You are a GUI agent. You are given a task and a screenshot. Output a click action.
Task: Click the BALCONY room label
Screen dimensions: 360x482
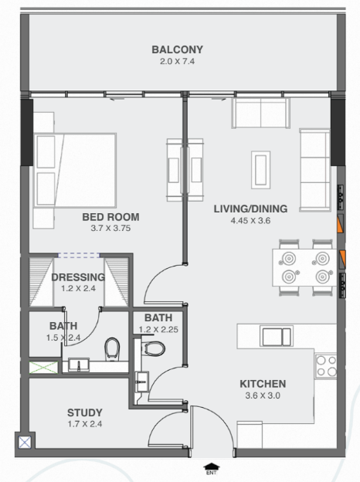[x=178, y=49]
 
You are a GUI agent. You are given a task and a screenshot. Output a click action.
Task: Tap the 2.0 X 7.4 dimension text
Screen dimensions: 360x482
[x=178, y=62]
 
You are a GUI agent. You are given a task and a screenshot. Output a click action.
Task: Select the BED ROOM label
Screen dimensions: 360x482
[x=110, y=217]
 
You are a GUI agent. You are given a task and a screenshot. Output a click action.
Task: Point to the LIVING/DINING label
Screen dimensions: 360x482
[x=250, y=209]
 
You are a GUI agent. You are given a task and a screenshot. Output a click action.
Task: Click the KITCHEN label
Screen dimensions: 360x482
[x=263, y=384]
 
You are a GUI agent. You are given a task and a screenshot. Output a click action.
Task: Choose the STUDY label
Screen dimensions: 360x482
[x=85, y=412]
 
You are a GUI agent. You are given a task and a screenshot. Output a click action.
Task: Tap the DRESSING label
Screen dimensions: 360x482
[x=78, y=277]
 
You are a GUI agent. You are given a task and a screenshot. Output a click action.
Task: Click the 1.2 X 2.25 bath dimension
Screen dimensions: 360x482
[x=158, y=330]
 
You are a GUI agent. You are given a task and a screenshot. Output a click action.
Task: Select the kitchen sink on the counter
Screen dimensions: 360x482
[x=277, y=336]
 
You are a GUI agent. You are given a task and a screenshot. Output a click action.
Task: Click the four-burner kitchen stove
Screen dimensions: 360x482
[x=326, y=366]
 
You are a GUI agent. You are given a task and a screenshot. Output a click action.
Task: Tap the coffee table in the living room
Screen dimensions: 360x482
[x=260, y=170]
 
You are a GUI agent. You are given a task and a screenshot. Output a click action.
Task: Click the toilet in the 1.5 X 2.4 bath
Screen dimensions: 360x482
[x=111, y=349]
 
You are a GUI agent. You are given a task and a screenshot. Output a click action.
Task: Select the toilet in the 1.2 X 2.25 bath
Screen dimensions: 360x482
[x=154, y=348]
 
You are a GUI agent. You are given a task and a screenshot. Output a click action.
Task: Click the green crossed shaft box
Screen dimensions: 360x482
[x=44, y=368]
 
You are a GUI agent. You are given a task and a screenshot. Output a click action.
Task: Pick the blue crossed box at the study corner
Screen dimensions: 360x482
[x=25, y=443]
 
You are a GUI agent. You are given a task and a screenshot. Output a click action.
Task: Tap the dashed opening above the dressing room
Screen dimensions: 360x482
[x=79, y=255]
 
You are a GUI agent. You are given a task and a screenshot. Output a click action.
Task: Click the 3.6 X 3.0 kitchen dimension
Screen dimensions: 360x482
[x=263, y=395]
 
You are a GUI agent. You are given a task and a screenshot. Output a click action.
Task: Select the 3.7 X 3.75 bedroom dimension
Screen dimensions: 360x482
[x=110, y=229]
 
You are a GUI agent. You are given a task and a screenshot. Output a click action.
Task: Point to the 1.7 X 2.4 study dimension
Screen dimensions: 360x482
[x=85, y=424]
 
